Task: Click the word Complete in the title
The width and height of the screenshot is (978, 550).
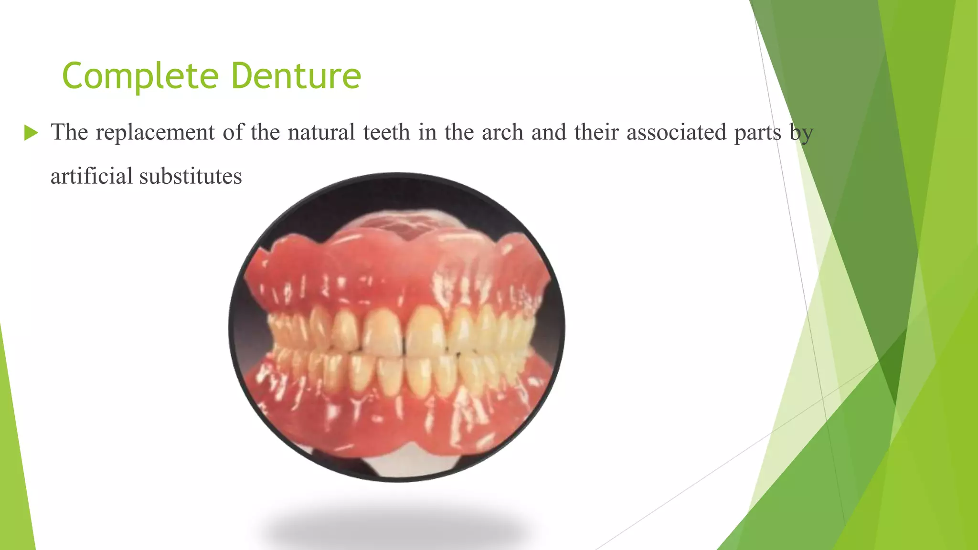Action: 140,76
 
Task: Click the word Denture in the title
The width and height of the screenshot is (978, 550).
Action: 296,76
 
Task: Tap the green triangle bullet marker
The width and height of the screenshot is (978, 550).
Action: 31,133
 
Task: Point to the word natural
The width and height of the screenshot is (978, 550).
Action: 321,132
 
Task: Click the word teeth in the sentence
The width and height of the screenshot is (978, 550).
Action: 386,132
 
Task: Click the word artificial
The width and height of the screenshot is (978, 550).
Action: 91,176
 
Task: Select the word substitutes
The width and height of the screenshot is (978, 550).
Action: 190,176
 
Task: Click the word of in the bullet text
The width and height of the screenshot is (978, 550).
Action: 233,132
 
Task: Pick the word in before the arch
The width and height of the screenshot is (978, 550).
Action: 426,132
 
